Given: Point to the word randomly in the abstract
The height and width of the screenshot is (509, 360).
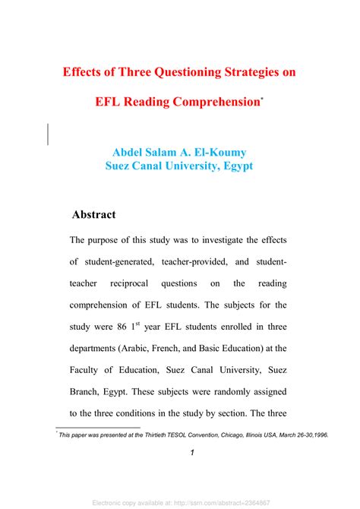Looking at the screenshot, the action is [231, 394].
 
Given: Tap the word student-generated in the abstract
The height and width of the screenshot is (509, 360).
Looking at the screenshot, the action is [122, 262].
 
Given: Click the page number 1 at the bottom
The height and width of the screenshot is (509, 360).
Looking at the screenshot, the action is [193, 454].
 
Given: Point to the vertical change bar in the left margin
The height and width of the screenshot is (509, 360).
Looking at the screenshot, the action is [49, 134].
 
